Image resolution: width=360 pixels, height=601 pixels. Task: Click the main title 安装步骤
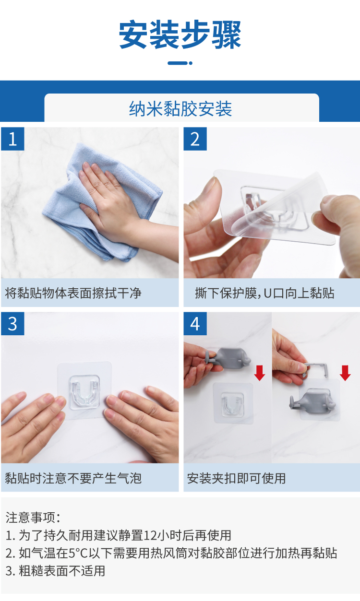180,35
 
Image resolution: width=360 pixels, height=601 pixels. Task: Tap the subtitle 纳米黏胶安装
180,109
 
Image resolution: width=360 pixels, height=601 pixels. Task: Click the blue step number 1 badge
12,139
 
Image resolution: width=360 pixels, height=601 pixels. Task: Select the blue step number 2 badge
195,139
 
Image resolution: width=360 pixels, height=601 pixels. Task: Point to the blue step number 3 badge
12,324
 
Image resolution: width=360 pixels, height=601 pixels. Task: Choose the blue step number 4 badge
195,324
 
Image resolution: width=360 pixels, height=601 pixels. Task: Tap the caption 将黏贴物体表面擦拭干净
73,293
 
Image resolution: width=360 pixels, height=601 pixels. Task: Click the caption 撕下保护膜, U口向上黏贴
264,293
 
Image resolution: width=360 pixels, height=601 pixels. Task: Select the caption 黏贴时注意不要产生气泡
73,478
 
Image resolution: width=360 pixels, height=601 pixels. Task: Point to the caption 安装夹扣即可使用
236,478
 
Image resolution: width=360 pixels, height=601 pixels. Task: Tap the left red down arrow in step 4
260,373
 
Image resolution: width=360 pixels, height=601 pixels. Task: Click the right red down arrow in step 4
345,373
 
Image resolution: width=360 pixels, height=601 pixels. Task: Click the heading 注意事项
33,517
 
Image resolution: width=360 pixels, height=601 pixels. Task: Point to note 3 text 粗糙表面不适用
62,571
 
